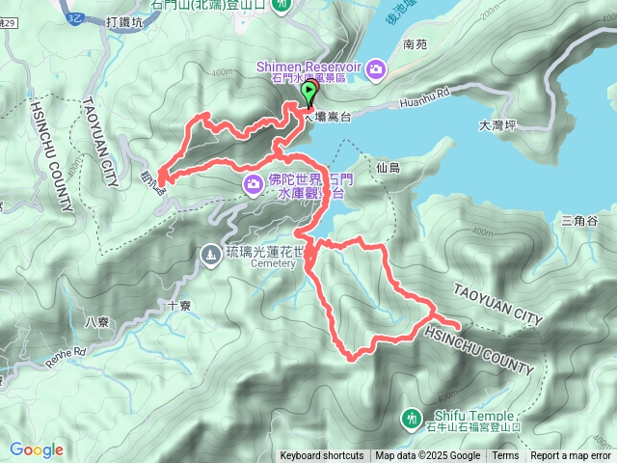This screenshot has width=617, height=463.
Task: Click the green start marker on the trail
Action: click(309, 93)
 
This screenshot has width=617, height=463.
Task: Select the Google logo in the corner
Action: click(37, 449)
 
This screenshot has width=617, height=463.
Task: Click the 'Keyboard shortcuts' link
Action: click(322, 456)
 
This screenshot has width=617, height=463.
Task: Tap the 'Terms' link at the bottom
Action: click(505, 456)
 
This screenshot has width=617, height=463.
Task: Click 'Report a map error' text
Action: click(571, 456)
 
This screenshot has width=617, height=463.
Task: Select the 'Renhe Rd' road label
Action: click(65, 357)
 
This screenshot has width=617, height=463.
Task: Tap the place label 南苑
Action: click(416, 44)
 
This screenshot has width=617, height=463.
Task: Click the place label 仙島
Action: click(389, 167)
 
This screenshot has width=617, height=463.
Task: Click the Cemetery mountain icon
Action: click(210, 254)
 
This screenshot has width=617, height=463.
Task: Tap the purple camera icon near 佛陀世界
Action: click(253, 183)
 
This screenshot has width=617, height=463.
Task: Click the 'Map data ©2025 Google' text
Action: click(428, 456)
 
